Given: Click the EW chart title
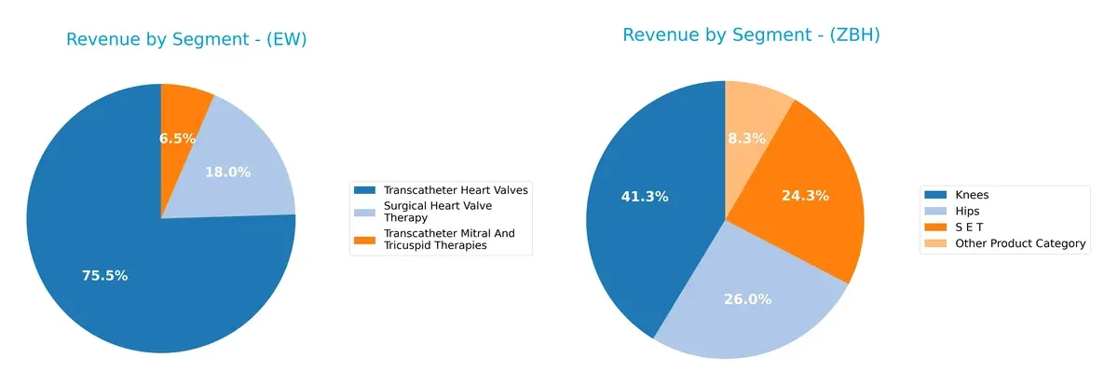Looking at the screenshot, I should [186, 39].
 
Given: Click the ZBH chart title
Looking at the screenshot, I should [752, 35].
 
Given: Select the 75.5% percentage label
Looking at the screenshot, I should [104, 276].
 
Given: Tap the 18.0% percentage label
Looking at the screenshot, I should [228, 172].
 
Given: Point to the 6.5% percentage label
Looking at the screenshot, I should [177, 138].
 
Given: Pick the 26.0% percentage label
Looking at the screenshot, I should [747, 299].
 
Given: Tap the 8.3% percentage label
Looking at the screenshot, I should [746, 138].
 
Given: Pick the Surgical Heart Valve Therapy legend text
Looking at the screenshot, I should [437, 211].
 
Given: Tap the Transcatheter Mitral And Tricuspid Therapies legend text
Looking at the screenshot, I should [449, 239].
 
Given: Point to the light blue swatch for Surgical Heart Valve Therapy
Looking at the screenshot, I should [367, 205].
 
